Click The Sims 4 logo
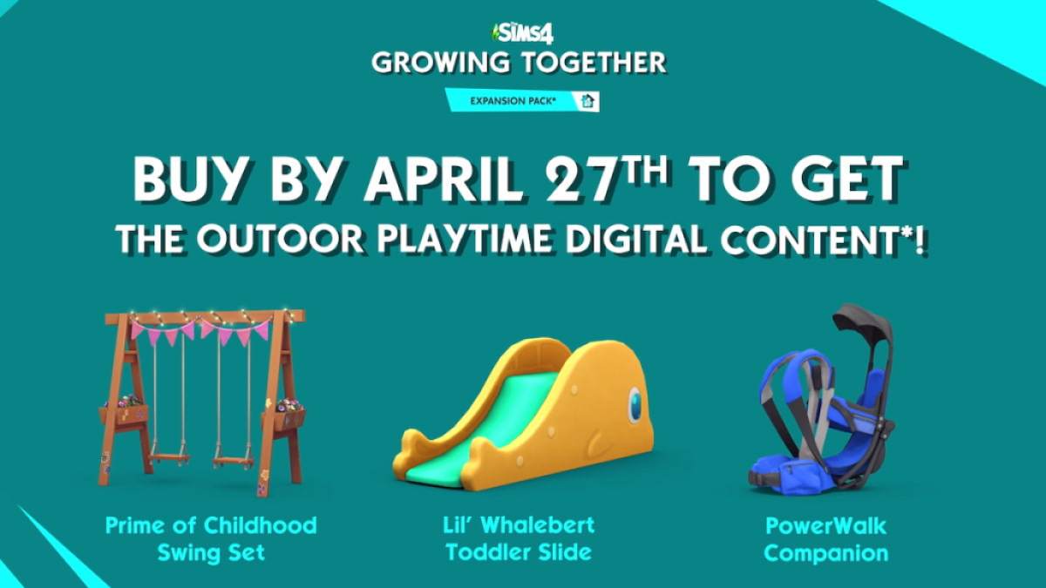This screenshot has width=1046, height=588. pos(522,34)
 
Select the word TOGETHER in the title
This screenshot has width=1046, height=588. pos(594,63)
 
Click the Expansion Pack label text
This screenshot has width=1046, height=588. pos(513,101)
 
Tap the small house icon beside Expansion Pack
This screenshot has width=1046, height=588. pos(588,101)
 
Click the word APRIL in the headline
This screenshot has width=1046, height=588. pos(443,179)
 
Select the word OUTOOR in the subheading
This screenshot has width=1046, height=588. pos(280,239)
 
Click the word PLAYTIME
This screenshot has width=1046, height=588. pos(467,239)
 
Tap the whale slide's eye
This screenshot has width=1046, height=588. pos(635,405)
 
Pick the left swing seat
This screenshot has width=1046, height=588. pos(168,460)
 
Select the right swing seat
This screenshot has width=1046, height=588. pos(234,462)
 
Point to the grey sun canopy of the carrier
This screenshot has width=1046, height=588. pos(861,322)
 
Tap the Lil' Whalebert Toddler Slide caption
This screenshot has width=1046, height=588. pos(519,539)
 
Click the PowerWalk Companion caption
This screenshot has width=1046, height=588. pos(826,540)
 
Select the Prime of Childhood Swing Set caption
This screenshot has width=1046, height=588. pos(211,539)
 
